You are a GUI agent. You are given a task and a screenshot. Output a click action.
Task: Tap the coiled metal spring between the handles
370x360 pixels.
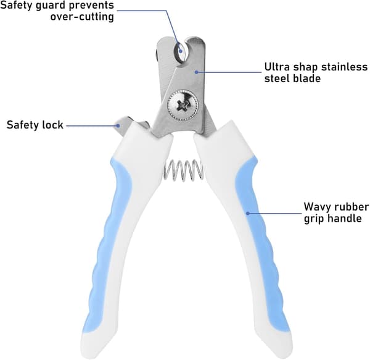pyautogui.click(x=183, y=170)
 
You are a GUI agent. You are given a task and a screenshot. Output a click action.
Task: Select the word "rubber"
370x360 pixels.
pyautogui.click(x=352, y=207)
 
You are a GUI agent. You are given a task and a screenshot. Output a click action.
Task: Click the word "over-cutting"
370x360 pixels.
pyautogui.click(x=82, y=17)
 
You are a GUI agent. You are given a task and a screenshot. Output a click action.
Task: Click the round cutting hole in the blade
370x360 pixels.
pyautogui.click(x=181, y=52)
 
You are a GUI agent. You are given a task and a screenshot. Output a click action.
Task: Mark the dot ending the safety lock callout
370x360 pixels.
pyautogui.click(x=118, y=126)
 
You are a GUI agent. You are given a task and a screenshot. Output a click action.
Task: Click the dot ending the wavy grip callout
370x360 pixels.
pyautogui.click(x=247, y=213)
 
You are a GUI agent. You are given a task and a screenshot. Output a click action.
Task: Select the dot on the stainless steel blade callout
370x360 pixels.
pyautogui.click(x=196, y=72)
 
